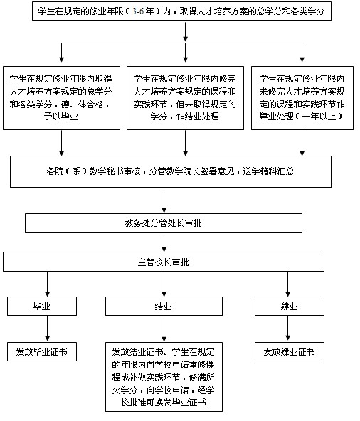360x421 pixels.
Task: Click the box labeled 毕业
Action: (42, 306)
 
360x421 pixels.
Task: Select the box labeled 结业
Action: (164, 306)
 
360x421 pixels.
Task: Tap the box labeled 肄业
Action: (290, 306)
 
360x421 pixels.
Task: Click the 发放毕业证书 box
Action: (42, 351)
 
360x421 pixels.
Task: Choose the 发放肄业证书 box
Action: (290, 351)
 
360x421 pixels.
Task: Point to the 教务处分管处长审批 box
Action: (164, 223)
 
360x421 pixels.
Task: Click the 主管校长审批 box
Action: (164, 262)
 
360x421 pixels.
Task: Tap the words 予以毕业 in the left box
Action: (61, 116)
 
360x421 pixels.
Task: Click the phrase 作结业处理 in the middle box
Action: (198, 116)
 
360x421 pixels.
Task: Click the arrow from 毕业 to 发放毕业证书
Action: (48, 329)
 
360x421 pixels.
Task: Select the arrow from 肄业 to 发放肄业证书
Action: (287, 328)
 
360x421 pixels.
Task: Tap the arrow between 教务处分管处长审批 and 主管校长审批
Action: (164, 243)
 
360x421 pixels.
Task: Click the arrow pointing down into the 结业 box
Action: (164, 284)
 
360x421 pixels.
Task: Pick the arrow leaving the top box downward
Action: (186, 32)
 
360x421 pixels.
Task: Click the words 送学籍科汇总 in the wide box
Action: (268, 171)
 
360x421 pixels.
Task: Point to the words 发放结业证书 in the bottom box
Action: (137, 352)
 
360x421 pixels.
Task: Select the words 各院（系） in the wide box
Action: (67, 171)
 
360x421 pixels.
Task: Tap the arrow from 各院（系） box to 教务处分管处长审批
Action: (164, 201)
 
